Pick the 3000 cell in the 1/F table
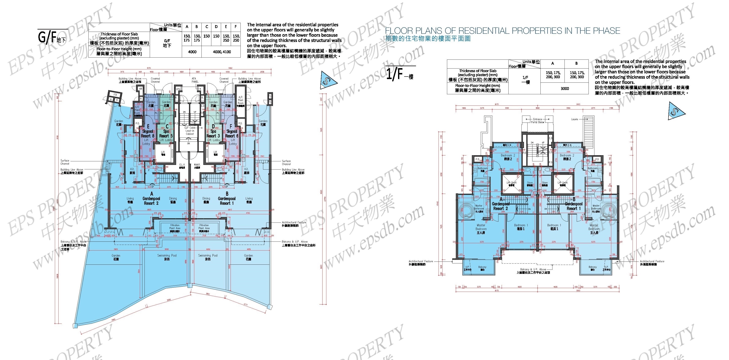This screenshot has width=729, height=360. [x=565, y=89]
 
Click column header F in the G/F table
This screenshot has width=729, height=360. [x=235, y=27]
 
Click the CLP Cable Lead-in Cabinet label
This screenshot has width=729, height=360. [x=190, y=131]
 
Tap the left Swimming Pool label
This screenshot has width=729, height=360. [x=167, y=257]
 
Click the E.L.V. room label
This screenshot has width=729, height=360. [x=182, y=166]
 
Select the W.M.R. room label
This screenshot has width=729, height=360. [x=197, y=166]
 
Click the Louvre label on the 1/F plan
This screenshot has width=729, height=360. [x=574, y=119]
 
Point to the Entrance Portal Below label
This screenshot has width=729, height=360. [x=537, y=121]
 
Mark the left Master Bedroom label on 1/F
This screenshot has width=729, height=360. [x=481, y=229]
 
